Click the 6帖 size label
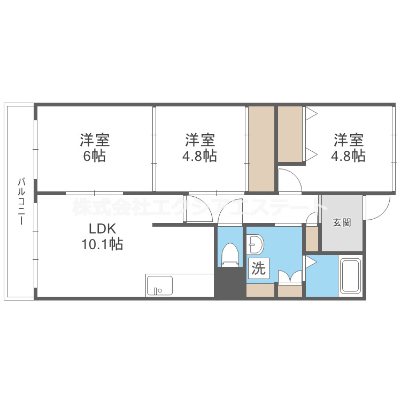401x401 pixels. point(95,157)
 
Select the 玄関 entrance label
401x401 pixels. point(342,222)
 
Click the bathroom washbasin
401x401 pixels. point(256,245)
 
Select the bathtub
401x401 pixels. point(351,276)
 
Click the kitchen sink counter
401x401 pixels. point(159,285)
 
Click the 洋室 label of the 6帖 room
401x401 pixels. point(95,141)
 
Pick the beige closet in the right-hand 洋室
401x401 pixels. point(290,134)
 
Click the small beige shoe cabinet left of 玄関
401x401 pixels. point(311,239)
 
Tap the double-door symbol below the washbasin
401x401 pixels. point(290,276)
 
